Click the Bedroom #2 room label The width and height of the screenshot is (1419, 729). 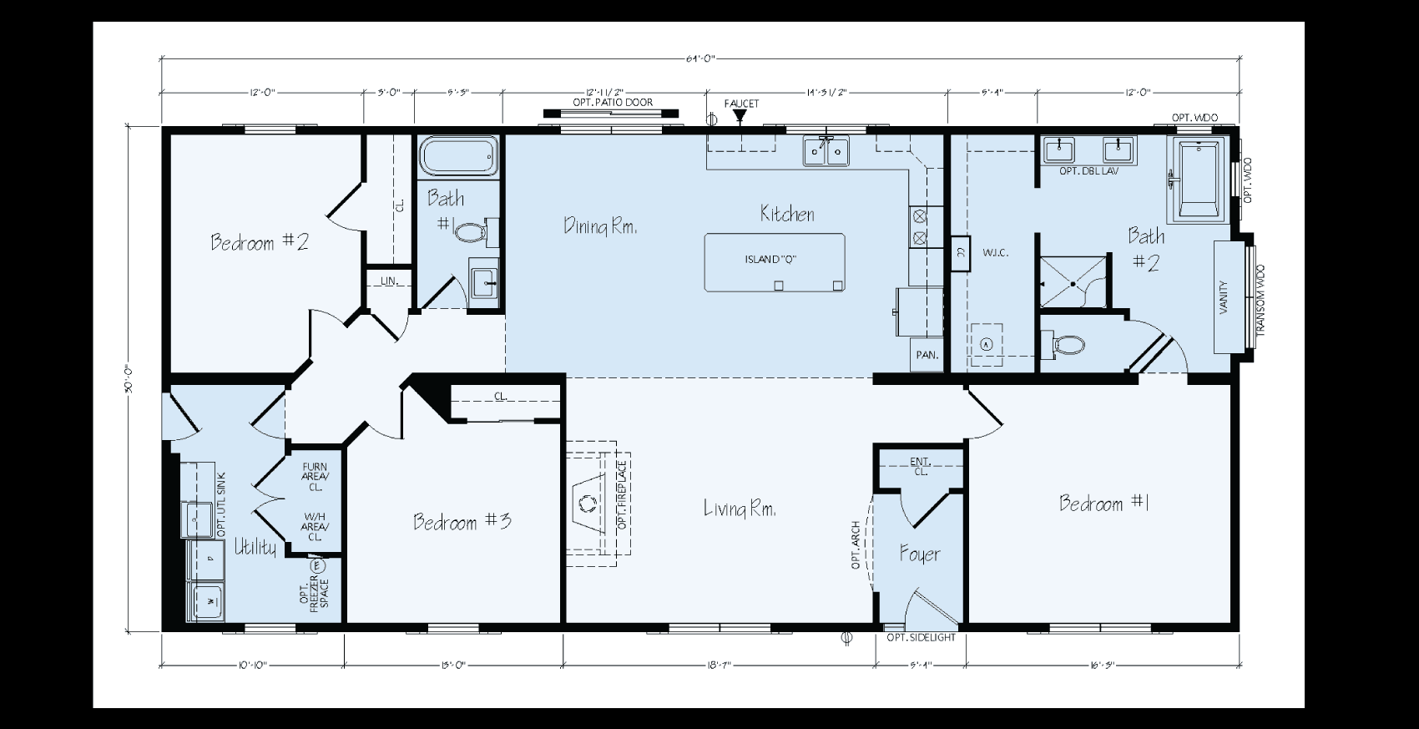[x=260, y=243]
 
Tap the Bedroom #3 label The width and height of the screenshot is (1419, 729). [x=462, y=522]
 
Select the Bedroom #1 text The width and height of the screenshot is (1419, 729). [x=1105, y=503]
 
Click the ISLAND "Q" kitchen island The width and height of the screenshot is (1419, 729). [x=774, y=262]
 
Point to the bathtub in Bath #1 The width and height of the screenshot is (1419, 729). [x=458, y=156]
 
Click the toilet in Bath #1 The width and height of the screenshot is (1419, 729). [x=473, y=231]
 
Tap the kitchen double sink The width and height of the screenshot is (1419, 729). [x=826, y=151]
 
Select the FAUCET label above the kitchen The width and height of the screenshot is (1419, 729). [x=741, y=104]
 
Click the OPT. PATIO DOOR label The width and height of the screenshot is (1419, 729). [x=613, y=103]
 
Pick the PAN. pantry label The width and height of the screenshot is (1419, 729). [x=927, y=355]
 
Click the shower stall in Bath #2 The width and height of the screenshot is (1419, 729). [x=1074, y=282]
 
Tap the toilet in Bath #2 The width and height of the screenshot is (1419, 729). [x=1063, y=344]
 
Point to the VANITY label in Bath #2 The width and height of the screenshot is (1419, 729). [x=1224, y=296]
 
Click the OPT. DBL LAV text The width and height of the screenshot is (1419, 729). [x=1088, y=171]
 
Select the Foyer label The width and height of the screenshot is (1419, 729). [x=920, y=554]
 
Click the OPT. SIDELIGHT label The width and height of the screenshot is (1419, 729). [x=921, y=638]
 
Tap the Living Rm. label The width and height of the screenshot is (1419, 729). [x=740, y=508]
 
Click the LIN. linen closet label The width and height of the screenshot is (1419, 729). [x=388, y=281]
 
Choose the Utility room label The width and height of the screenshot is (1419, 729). [x=255, y=547]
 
